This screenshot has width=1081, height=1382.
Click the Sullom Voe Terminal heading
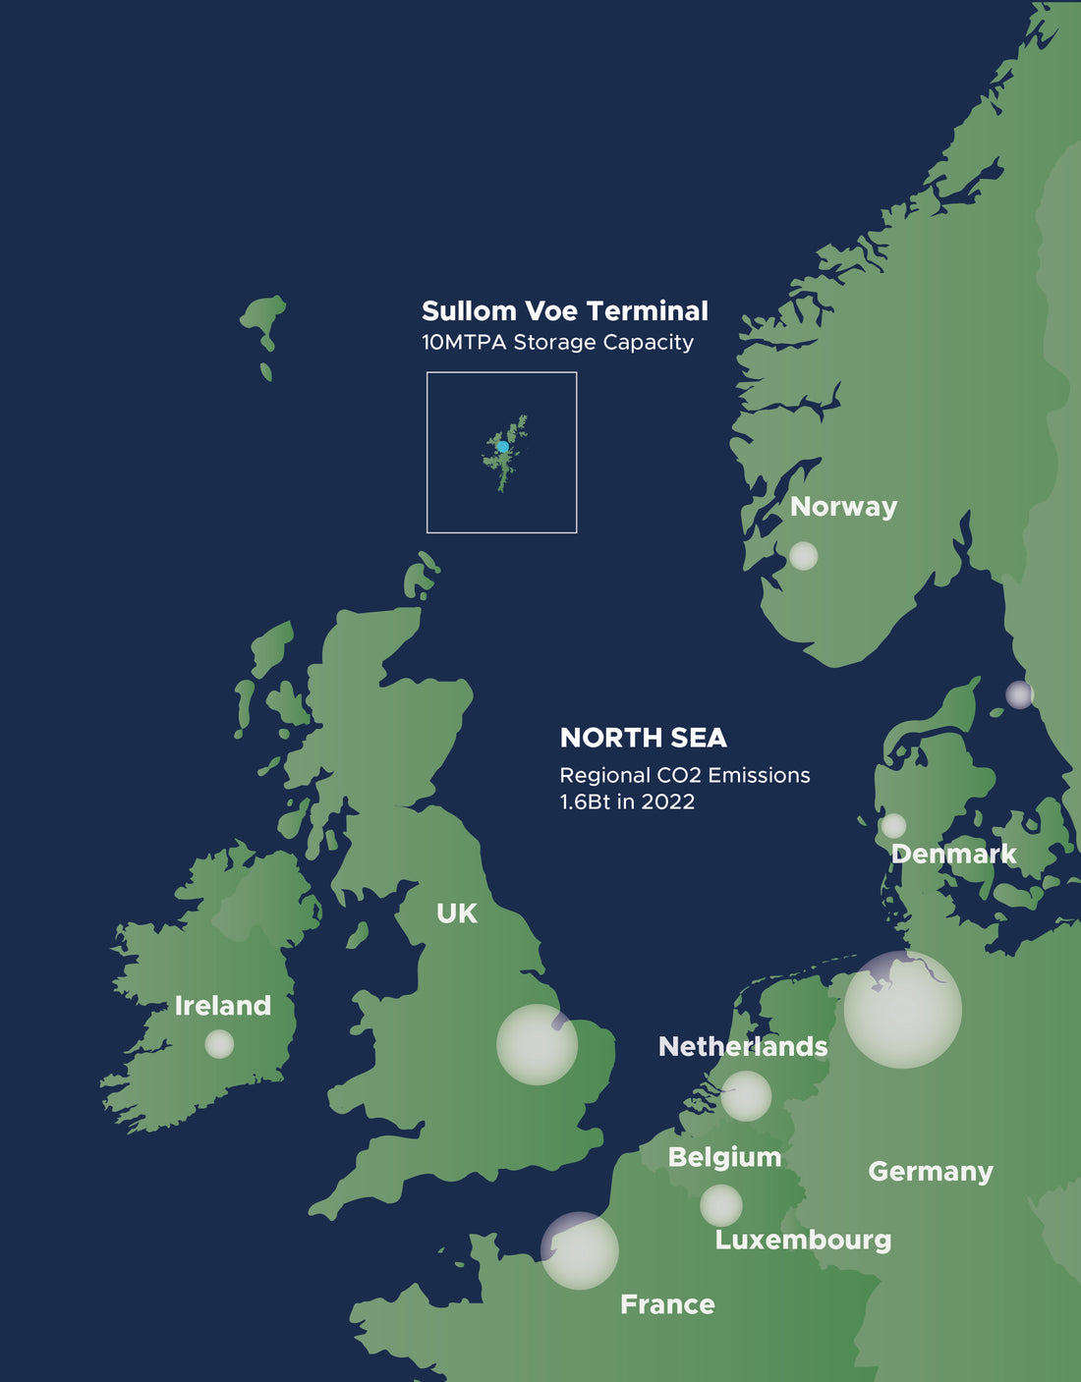564,311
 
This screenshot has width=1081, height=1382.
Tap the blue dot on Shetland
503,447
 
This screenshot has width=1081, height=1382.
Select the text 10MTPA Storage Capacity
557,343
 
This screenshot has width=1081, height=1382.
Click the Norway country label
843,507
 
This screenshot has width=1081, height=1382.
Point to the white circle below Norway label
803,556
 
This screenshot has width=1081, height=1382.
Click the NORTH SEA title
643,738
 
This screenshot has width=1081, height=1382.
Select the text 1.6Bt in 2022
627,802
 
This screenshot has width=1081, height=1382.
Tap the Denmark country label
953,854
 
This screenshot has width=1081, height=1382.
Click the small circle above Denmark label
893,825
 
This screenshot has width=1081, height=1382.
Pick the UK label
457,913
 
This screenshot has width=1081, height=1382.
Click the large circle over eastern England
537,1044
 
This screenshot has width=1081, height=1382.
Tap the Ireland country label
222,1006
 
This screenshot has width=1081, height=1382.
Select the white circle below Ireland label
219,1044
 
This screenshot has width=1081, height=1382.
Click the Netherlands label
742,1047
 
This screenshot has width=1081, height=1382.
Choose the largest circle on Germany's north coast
902,1010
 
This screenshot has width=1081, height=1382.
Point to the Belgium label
724,1157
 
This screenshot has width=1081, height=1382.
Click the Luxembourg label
803,1240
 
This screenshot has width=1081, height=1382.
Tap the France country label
667,1304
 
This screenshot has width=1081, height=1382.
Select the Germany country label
930,1172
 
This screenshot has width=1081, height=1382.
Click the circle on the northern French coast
580,1250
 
